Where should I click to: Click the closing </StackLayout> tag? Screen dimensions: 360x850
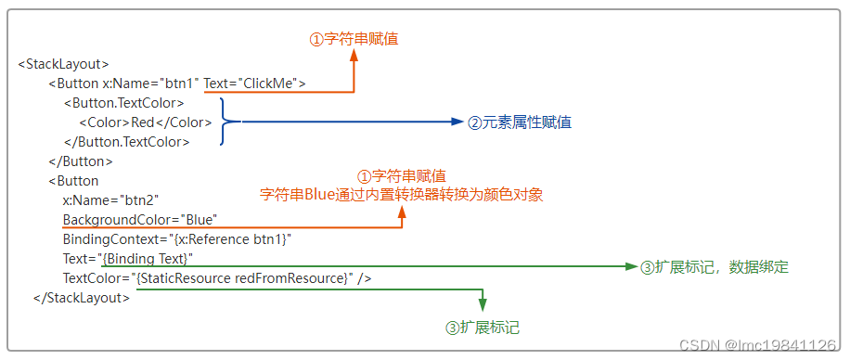click(x=82, y=298)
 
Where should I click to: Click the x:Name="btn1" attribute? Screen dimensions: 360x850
click(x=150, y=84)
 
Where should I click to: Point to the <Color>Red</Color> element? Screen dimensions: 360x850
click(x=145, y=122)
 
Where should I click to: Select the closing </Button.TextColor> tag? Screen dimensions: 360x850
click(x=126, y=142)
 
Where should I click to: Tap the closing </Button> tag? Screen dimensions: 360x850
click(x=81, y=161)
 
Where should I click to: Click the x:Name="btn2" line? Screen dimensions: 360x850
click(x=110, y=200)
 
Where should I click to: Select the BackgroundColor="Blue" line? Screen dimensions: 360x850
click(x=139, y=220)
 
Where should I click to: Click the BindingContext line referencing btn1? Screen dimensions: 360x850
click(x=177, y=239)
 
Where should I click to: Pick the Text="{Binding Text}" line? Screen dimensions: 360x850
click(x=128, y=258)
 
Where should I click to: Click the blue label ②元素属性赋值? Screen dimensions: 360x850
click(x=519, y=122)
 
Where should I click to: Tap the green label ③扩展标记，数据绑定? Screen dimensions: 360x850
click(x=714, y=267)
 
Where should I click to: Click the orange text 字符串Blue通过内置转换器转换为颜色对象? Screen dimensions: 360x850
click(x=401, y=195)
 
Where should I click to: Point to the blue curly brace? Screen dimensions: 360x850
click(x=230, y=122)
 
